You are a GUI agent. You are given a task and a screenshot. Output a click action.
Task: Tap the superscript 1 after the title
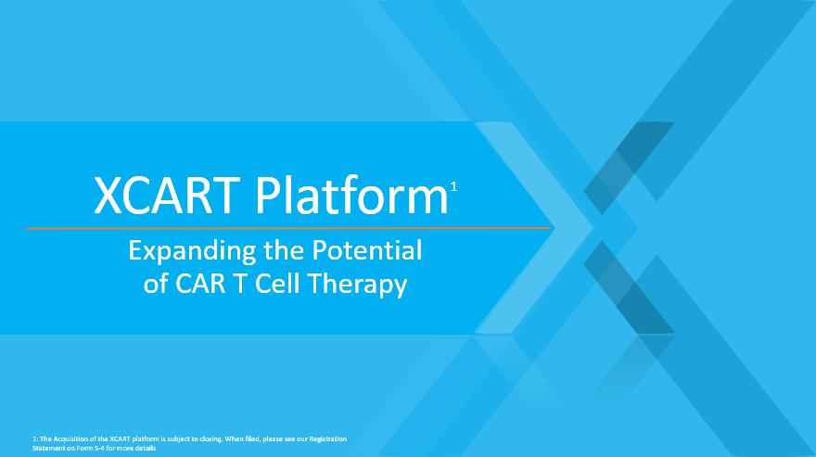[453, 187]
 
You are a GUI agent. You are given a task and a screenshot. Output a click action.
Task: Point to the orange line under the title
[288, 228]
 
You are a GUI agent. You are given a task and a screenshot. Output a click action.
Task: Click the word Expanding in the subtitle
[192, 252]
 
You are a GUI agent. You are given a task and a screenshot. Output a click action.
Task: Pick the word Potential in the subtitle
[366, 250]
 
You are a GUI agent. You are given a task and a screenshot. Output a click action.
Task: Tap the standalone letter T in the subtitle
[240, 284]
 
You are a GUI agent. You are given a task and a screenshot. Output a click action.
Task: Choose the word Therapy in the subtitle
[357, 286]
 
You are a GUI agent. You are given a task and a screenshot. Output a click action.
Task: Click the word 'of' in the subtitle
[156, 285]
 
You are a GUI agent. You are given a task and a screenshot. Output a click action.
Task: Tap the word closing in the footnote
[211, 438]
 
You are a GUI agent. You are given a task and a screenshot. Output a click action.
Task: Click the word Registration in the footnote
[328, 438]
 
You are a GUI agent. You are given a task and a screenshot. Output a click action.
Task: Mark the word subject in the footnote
[178, 438]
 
